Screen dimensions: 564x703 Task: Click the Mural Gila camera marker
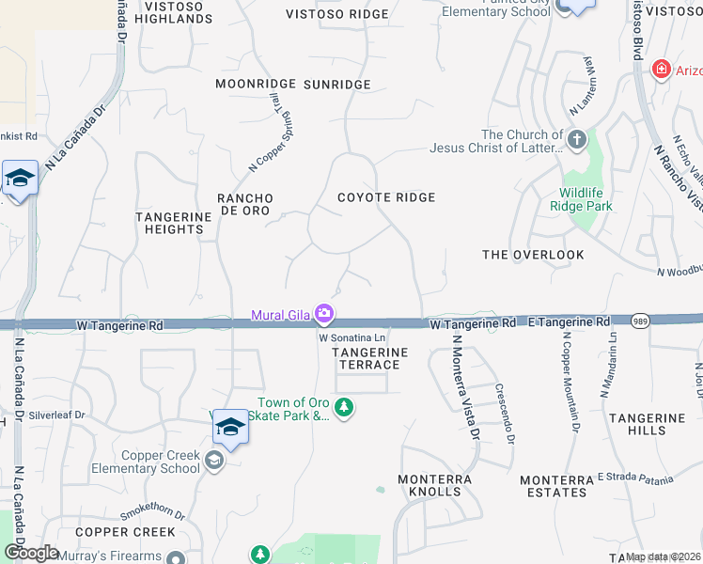pyautogui.click(x=324, y=312)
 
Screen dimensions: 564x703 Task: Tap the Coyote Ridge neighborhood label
pyautogui.click(x=386, y=197)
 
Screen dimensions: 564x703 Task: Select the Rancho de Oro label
pyautogui.click(x=245, y=204)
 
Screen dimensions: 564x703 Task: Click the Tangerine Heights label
pyautogui.click(x=174, y=223)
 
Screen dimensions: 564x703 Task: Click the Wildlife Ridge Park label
pyautogui.click(x=580, y=199)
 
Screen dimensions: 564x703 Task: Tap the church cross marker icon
pyautogui.click(x=577, y=141)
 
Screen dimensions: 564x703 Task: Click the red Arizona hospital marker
pyautogui.click(x=661, y=70)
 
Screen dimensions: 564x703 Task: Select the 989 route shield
pyautogui.click(x=638, y=320)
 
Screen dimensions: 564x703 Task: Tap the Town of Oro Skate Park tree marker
pyautogui.click(x=345, y=408)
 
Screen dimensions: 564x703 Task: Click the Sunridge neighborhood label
pyautogui.click(x=337, y=85)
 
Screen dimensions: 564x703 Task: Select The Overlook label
pyautogui.click(x=533, y=255)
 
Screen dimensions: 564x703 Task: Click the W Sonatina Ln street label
pyautogui.click(x=352, y=337)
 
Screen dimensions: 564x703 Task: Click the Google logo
pyautogui.click(x=31, y=553)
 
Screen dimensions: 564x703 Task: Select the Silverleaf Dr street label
pyautogui.click(x=57, y=414)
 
